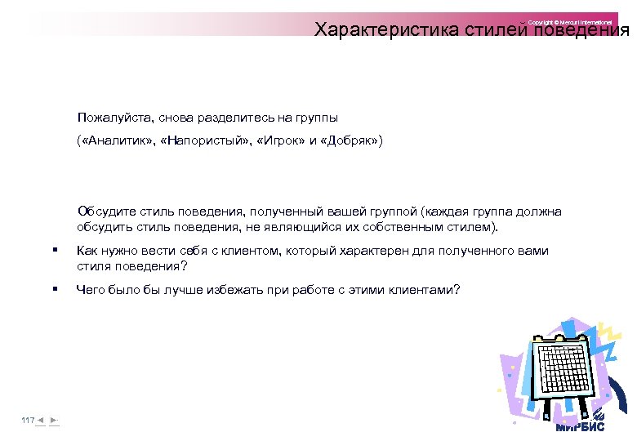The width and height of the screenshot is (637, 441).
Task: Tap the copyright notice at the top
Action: pos(569,21)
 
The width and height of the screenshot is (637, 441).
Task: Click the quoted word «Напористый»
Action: pos(204,140)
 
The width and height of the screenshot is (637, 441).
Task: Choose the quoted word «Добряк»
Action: pos(349,140)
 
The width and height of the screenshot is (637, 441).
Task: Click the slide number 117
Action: pos(28,420)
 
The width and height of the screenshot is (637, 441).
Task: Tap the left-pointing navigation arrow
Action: pos(40,420)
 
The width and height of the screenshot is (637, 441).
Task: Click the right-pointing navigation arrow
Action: pos(54,420)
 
